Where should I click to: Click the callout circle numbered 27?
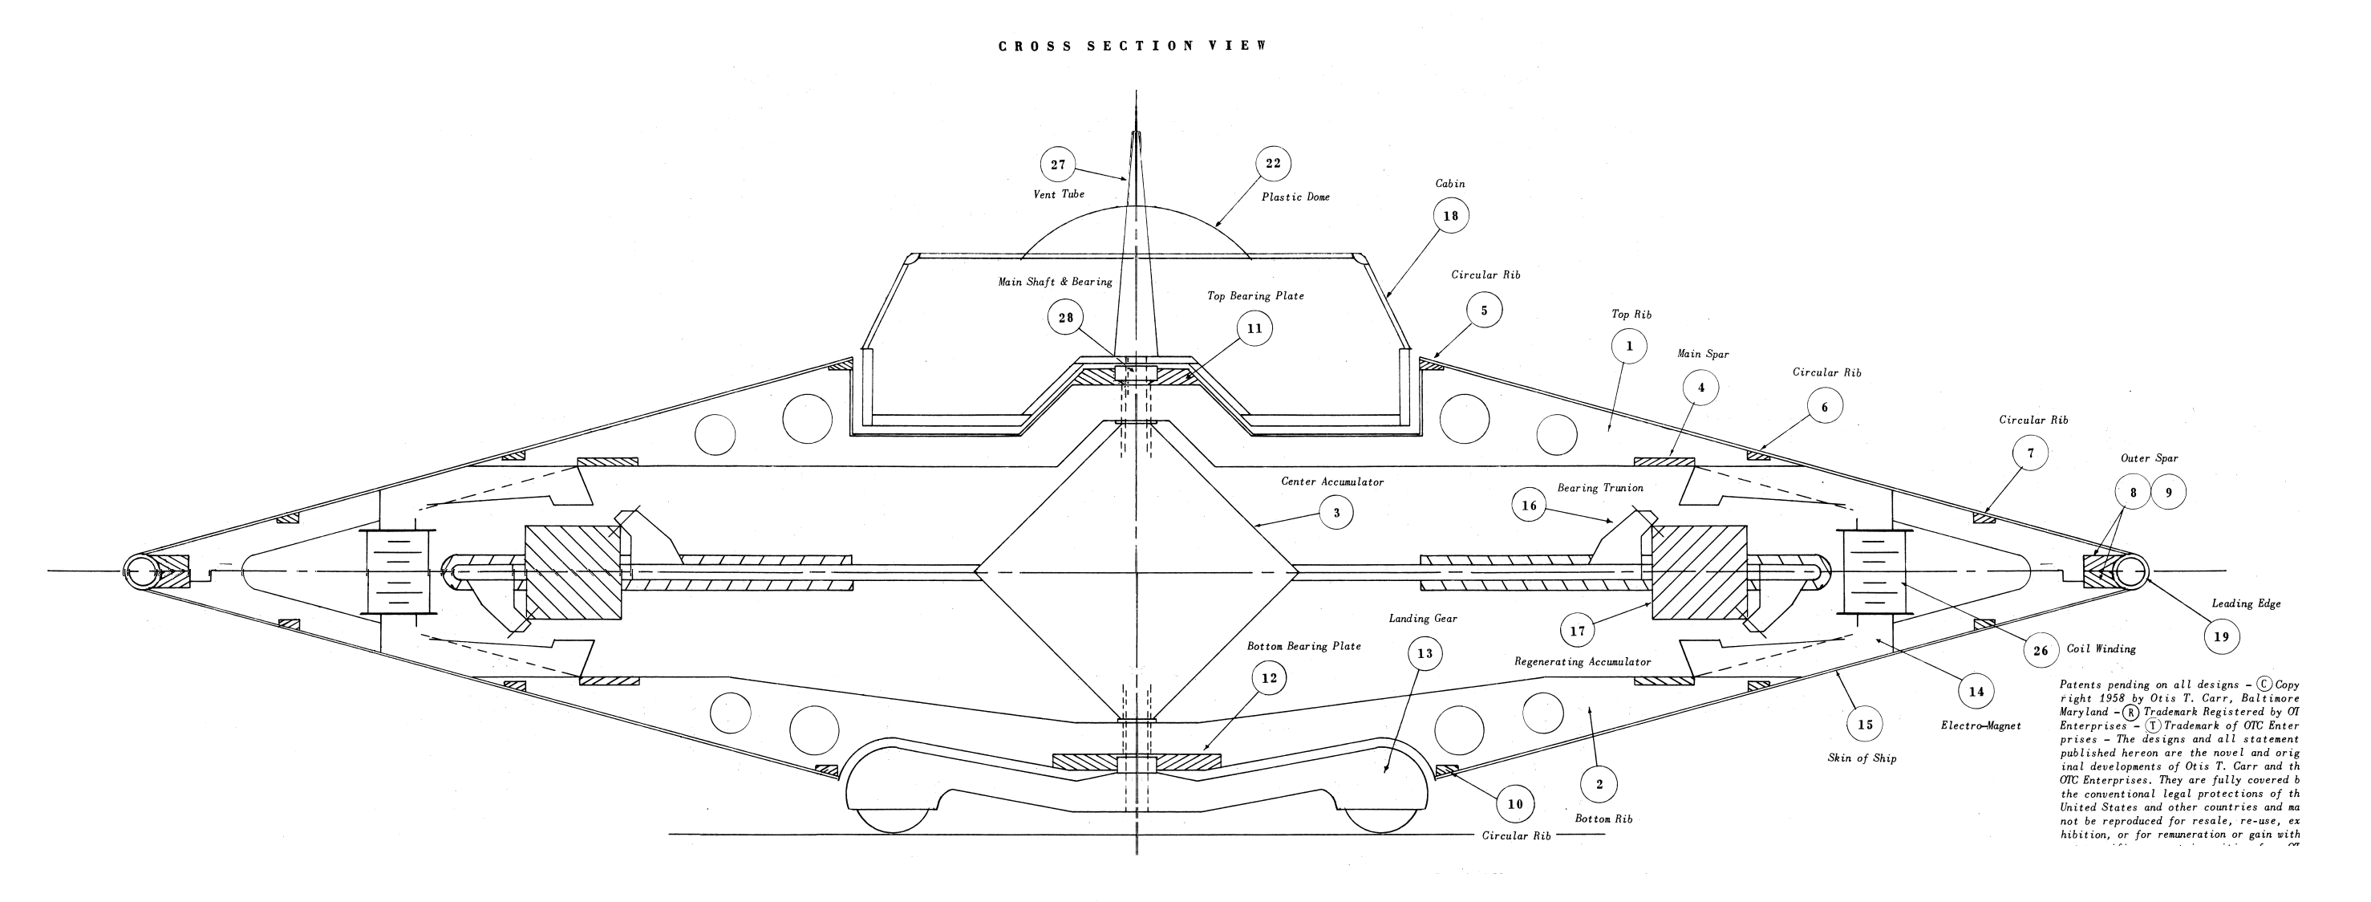(x=1057, y=165)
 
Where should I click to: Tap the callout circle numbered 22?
(x=1273, y=164)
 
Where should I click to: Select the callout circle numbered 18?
(x=1450, y=217)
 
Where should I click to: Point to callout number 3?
(x=1336, y=513)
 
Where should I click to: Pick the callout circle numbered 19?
(x=2221, y=636)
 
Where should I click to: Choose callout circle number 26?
(x=2041, y=651)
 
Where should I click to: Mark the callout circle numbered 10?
(x=1515, y=804)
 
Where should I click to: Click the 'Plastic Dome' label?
(x=1295, y=197)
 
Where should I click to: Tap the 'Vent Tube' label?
(x=1059, y=194)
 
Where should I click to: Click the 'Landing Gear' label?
(x=1423, y=620)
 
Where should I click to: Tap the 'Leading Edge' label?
(x=2246, y=603)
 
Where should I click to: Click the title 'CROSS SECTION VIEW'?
(x=1133, y=46)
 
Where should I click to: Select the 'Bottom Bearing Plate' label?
(x=1303, y=646)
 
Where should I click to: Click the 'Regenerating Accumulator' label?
(x=1583, y=662)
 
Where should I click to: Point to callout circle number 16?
(x=1529, y=506)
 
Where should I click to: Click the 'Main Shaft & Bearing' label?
(x=1055, y=282)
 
